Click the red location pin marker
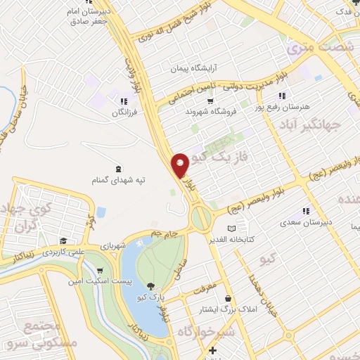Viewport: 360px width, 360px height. [x=181, y=165]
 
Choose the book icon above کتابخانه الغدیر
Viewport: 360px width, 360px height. [x=233, y=229]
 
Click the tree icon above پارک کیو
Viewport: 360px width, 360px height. [x=150, y=286]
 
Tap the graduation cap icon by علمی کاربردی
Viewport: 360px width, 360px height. [x=64, y=240]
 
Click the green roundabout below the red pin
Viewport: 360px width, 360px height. [x=201, y=218]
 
